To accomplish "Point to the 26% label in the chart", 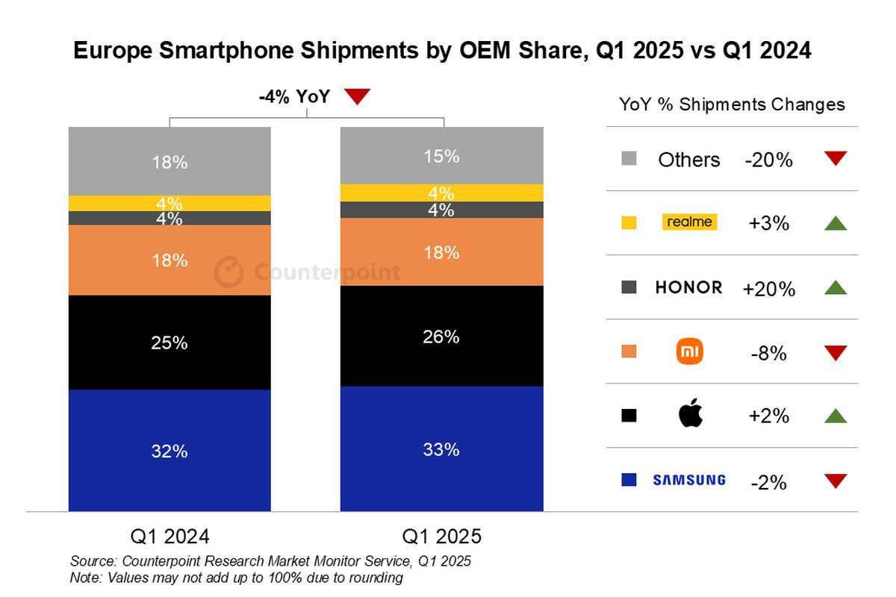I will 441,337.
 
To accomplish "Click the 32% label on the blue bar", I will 169,451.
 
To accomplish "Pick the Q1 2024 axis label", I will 169,537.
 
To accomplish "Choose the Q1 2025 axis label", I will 441,537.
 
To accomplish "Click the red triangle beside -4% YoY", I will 358,96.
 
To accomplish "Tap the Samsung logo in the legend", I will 688,480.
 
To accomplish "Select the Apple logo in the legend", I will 690,413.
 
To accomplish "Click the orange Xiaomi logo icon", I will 690,351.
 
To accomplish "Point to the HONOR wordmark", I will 688,287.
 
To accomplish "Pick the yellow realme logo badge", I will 689,222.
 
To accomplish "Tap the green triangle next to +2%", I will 836,416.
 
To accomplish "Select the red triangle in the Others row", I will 836,158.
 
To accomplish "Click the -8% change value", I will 768,354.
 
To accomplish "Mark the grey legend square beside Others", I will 629,159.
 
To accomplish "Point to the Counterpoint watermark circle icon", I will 228,272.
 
